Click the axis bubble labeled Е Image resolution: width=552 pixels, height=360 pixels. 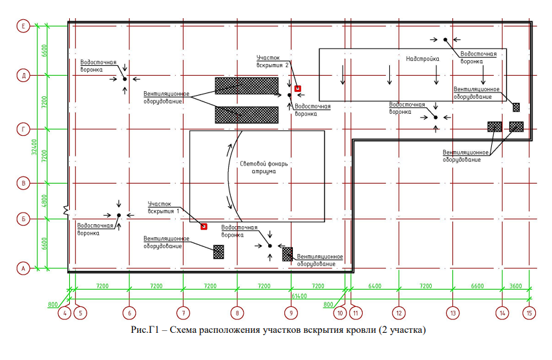click(23, 26)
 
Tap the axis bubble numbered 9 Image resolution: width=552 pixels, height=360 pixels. click(291, 313)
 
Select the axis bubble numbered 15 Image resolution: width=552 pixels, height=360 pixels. click(529, 313)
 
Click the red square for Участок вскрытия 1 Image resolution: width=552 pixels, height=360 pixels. click(204, 227)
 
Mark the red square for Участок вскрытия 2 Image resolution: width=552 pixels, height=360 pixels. click(298, 89)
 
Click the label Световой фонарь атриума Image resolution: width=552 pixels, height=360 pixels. click(264, 167)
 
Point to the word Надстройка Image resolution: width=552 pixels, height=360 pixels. click(423, 59)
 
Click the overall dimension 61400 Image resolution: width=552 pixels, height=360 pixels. click(299, 296)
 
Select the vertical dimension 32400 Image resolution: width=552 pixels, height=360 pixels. click(34, 147)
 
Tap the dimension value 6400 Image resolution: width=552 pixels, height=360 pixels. click(375, 286)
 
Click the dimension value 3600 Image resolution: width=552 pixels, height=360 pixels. click(516, 286)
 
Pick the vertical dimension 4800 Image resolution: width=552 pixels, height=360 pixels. click(44, 201)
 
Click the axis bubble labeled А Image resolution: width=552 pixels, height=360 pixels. click(23, 268)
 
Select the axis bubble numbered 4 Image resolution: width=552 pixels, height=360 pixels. click(65, 313)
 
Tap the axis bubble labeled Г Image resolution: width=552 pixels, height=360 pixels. click(23, 129)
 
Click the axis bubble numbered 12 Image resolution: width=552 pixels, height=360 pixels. click(399, 313)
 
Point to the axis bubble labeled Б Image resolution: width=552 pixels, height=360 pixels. click(23, 219)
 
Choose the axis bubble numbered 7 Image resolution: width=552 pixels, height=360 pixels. click(184, 313)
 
